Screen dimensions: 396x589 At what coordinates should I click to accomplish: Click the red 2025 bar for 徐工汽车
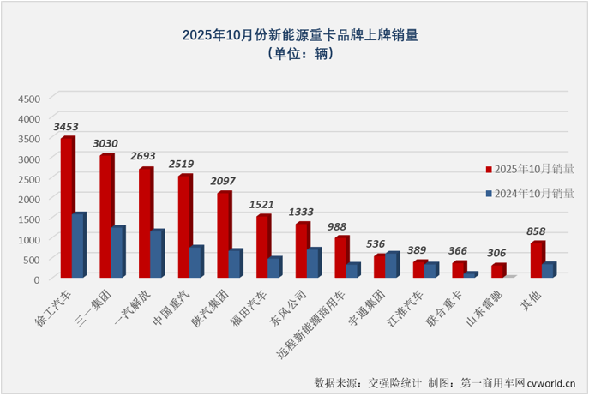tap(66, 207)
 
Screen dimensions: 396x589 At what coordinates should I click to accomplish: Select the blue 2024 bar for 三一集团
tap(117, 252)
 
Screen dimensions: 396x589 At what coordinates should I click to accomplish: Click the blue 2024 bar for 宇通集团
tap(392, 265)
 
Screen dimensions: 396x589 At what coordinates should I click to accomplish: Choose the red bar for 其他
tap(536, 260)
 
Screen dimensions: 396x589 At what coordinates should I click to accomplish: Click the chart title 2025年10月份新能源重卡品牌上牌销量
tap(294, 36)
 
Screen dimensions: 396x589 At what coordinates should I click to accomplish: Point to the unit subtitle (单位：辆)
tap(294, 54)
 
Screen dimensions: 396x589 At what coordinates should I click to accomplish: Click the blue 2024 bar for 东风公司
tap(313, 262)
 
